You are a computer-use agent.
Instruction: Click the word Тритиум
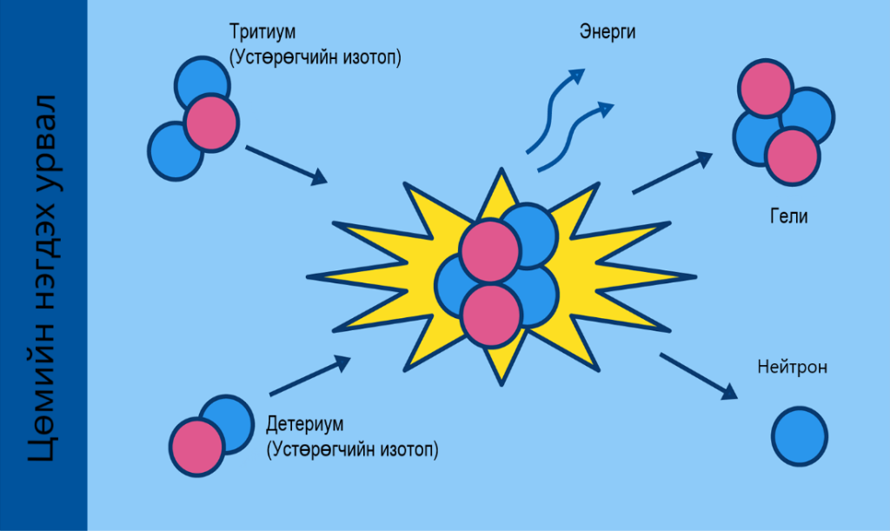coord(262,33)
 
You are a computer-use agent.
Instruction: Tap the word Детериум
coord(305,426)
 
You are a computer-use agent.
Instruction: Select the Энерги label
coord(608,33)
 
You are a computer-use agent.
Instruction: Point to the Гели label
coord(788,217)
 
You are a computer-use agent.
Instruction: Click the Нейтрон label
coord(792,368)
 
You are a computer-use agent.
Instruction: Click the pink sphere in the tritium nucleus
coord(211,121)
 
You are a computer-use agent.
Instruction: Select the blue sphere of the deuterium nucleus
coord(229,421)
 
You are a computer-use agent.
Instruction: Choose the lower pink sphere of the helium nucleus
coord(793,156)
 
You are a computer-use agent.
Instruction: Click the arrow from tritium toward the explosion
coord(286,165)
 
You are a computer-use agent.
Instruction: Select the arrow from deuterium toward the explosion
coord(309,375)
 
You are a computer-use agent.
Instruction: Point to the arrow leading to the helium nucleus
coord(672,172)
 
